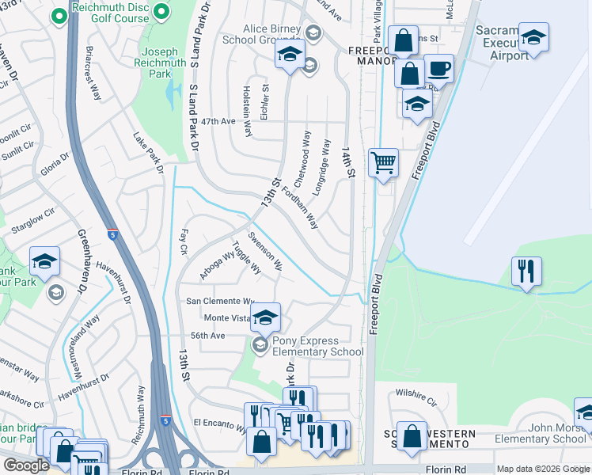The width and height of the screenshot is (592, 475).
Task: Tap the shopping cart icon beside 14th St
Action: pyautogui.click(x=384, y=162)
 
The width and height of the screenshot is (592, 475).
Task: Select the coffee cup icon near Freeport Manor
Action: pyautogui.click(x=438, y=69)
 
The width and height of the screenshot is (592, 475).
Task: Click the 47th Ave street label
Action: pyautogui.click(x=218, y=121)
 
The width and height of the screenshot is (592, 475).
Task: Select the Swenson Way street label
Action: pyautogui.click(x=265, y=251)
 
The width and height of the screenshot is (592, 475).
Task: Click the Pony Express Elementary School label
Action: pyautogui.click(x=317, y=347)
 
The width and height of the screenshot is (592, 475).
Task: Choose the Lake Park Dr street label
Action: pyautogui.click(x=148, y=152)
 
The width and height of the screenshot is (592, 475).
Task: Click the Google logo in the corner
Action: pyautogui.click(x=27, y=465)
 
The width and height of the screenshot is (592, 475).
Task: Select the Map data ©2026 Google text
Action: pyautogui.click(x=543, y=469)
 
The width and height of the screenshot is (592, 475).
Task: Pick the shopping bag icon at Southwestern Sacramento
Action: pyautogui.click(x=412, y=435)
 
